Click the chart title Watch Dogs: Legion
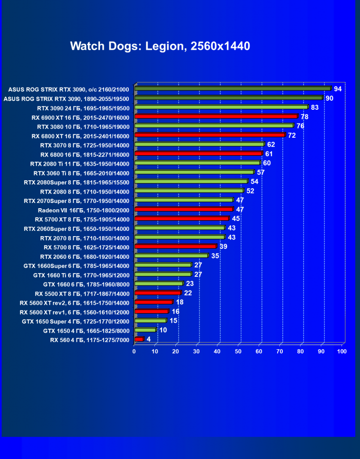[x=160, y=46]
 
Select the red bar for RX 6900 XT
[x=216, y=116]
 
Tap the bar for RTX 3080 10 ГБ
[x=214, y=126]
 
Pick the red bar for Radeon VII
[x=184, y=209]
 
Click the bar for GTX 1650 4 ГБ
[x=145, y=330]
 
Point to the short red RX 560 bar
[x=139, y=339]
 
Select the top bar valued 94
[x=232, y=88]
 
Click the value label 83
[x=315, y=107]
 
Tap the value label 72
[x=292, y=135]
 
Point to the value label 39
[x=223, y=247]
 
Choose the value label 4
[x=149, y=339]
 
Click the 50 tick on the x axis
[x=238, y=352]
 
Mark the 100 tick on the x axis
[x=342, y=352]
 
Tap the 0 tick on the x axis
[x=135, y=352]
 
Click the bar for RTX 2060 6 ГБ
[x=171, y=256]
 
